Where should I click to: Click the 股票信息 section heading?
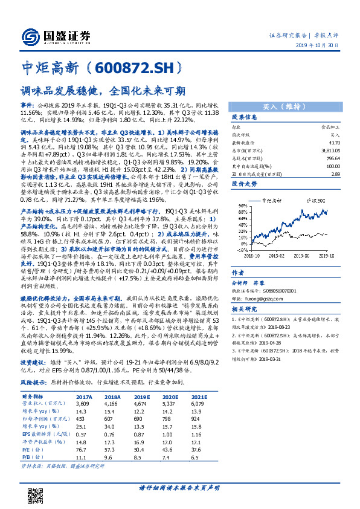pyautogui.click(x=245, y=117)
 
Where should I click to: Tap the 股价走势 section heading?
pyautogui.click(x=245, y=182)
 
